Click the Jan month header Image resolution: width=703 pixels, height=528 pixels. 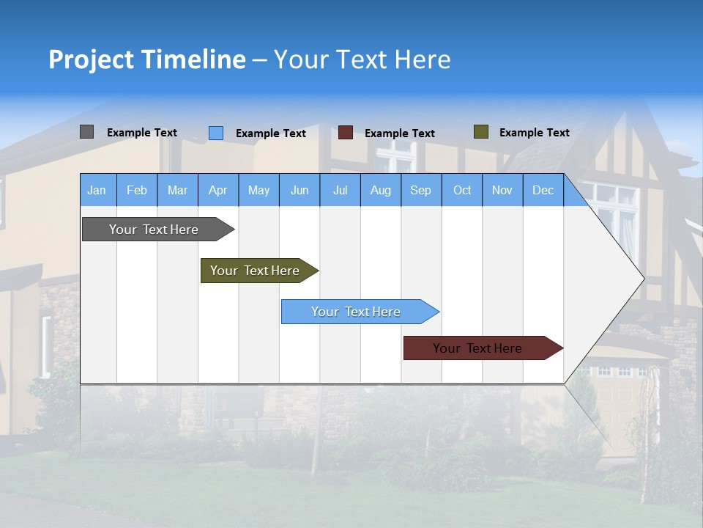[x=97, y=190]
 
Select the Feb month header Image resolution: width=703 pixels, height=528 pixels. [x=137, y=190]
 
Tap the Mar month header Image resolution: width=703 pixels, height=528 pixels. [x=177, y=190]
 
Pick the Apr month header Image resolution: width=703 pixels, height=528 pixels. [x=218, y=190]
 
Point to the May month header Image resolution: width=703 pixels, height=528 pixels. [x=258, y=190]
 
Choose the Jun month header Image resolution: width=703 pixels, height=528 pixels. [x=300, y=190]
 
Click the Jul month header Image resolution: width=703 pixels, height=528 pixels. [x=340, y=190]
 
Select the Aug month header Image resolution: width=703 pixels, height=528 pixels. [x=381, y=190]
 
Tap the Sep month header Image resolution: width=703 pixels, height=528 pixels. [x=421, y=190]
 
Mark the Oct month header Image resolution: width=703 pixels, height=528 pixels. [x=462, y=190]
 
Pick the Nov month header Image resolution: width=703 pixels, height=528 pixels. [x=502, y=190]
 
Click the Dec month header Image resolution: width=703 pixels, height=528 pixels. [x=543, y=190]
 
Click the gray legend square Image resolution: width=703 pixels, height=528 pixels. [x=87, y=132]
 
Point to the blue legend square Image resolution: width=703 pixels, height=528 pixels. [x=216, y=133]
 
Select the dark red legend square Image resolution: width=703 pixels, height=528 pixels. [x=346, y=133]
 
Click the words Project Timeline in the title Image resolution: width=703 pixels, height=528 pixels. [x=147, y=59]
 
